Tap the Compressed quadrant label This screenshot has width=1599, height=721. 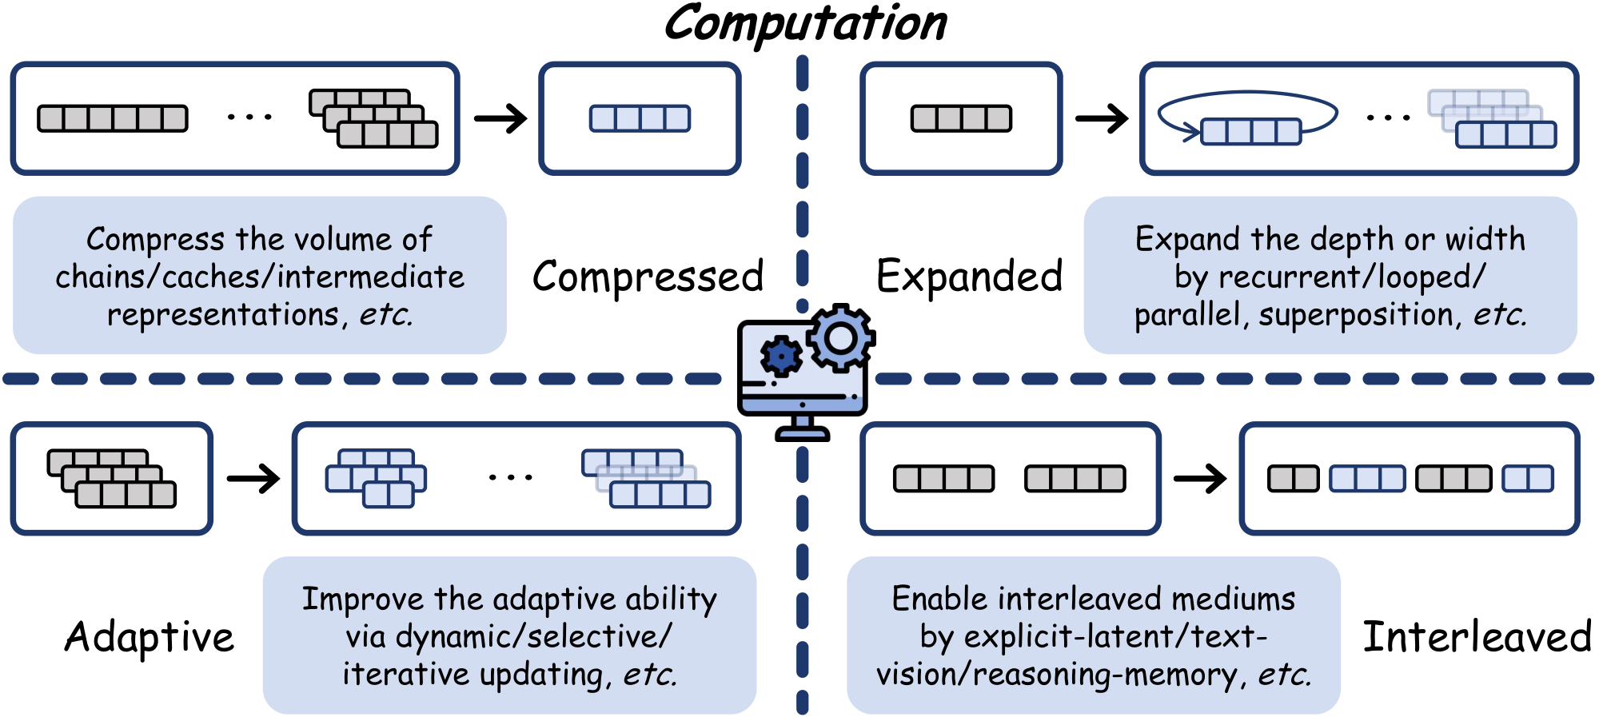(x=648, y=277)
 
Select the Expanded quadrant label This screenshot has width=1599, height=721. (x=969, y=277)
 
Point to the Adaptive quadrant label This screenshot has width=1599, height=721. (x=150, y=637)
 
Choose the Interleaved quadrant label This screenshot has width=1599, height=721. (x=1477, y=637)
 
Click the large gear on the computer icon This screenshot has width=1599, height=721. (x=840, y=338)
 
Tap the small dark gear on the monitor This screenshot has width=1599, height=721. (x=780, y=356)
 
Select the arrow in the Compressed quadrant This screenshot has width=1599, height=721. (x=500, y=119)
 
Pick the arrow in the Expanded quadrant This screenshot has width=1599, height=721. (x=1102, y=119)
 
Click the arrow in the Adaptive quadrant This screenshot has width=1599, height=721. (x=253, y=479)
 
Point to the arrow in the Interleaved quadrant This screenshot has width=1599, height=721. (x=1199, y=479)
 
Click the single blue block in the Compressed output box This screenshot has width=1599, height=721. (x=640, y=119)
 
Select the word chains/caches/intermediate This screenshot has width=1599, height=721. (x=260, y=277)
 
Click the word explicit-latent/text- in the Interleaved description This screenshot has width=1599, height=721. (x=1116, y=637)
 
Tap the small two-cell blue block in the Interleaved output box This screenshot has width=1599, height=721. (x=1527, y=479)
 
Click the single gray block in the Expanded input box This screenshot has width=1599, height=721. (x=961, y=119)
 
